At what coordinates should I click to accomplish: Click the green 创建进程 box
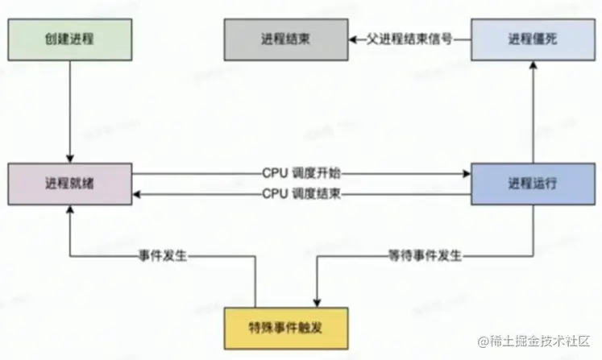(x=70, y=39)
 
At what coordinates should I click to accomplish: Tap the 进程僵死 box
(x=532, y=39)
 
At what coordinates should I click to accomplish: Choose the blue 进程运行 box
(x=532, y=183)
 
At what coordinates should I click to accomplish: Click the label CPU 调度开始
(x=301, y=172)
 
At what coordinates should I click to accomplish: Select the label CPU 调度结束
(x=301, y=193)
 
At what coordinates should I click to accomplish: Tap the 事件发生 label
(x=163, y=255)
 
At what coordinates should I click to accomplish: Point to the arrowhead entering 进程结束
(x=352, y=39)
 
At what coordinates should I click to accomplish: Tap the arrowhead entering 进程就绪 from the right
(x=138, y=193)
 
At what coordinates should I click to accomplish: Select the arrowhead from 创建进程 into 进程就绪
(x=70, y=157)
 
